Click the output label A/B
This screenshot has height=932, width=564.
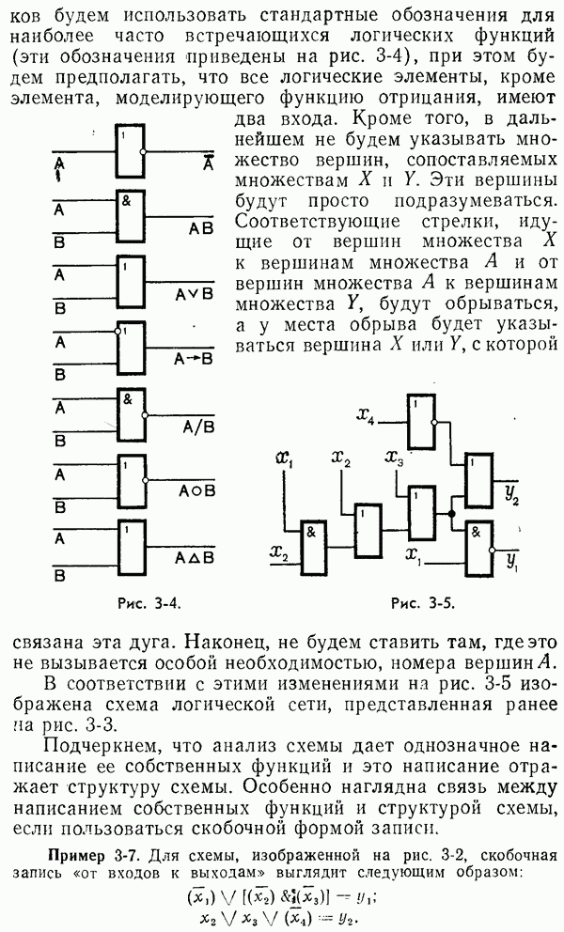coord(196,426)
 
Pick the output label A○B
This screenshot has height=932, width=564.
coord(196,490)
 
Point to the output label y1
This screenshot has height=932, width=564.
coord(511,564)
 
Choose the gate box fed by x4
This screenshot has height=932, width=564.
coord(420,423)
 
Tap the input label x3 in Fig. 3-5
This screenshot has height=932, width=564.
coord(394,458)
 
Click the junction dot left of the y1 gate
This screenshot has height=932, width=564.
coord(451,514)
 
